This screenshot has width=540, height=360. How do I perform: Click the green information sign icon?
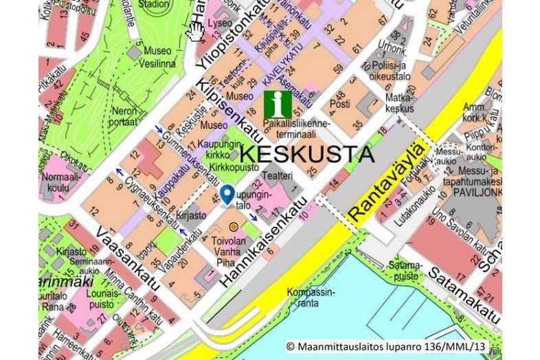278,104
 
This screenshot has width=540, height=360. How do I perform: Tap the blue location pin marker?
227,194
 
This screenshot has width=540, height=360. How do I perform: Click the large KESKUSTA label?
308,153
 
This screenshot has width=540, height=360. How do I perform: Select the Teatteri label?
280,175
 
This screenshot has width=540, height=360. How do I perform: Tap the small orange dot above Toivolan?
234,227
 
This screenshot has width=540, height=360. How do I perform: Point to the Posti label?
339,104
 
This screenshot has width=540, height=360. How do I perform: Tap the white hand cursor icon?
196,31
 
